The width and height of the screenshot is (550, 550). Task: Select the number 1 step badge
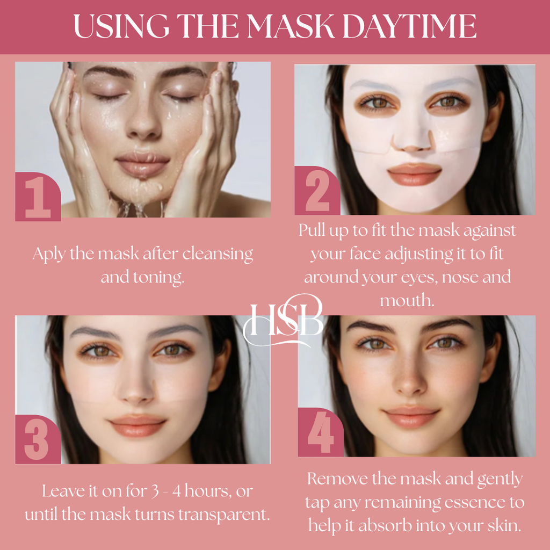pyautogui.click(x=38, y=197)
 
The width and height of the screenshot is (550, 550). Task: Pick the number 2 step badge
pyautogui.click(x=317, y=191)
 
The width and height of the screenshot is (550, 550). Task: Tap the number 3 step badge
pyautogui.click(x=38, y=439)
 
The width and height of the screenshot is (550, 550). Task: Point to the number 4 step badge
pyautogui.click(x=321, y=432)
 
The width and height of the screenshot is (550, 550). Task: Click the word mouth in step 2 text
pyautogui.click(x=407, y=301)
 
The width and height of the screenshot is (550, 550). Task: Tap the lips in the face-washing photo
pyautogui.click(x=143, y=164)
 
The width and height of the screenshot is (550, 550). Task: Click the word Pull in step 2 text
pyautogui.click(x=312, y=230)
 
